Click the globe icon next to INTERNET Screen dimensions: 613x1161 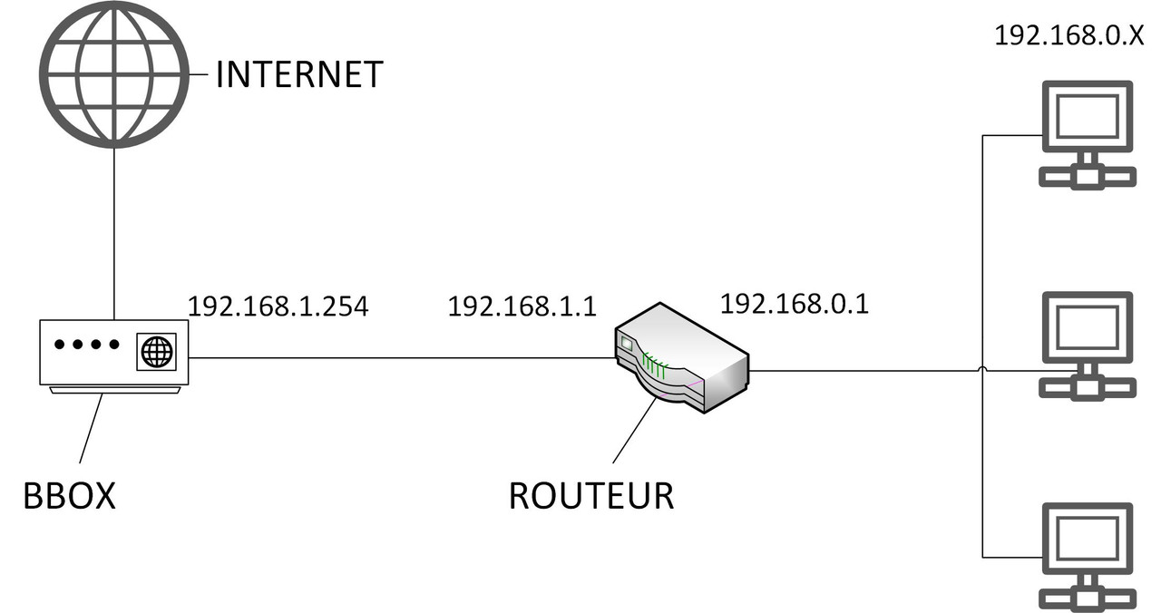click(113, 74)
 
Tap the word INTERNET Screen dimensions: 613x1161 click(299, 74)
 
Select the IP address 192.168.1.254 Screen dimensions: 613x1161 click(278, 306)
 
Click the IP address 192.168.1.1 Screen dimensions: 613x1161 click(522, 306)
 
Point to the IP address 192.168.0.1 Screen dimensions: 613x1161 click(794, 304)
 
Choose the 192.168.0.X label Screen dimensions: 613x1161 click(1068, 35)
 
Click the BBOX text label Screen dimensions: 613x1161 click(70, 495)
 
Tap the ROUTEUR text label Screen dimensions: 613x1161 click(590, 496)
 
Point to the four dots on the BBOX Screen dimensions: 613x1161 click(87, 345)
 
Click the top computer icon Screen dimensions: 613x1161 click(1087, 134)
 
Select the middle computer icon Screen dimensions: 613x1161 click(1087, 345)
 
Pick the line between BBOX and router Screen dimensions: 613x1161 click(399, 357)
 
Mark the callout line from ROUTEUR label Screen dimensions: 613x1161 click(635, 431)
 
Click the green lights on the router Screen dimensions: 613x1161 click(655, 368)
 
